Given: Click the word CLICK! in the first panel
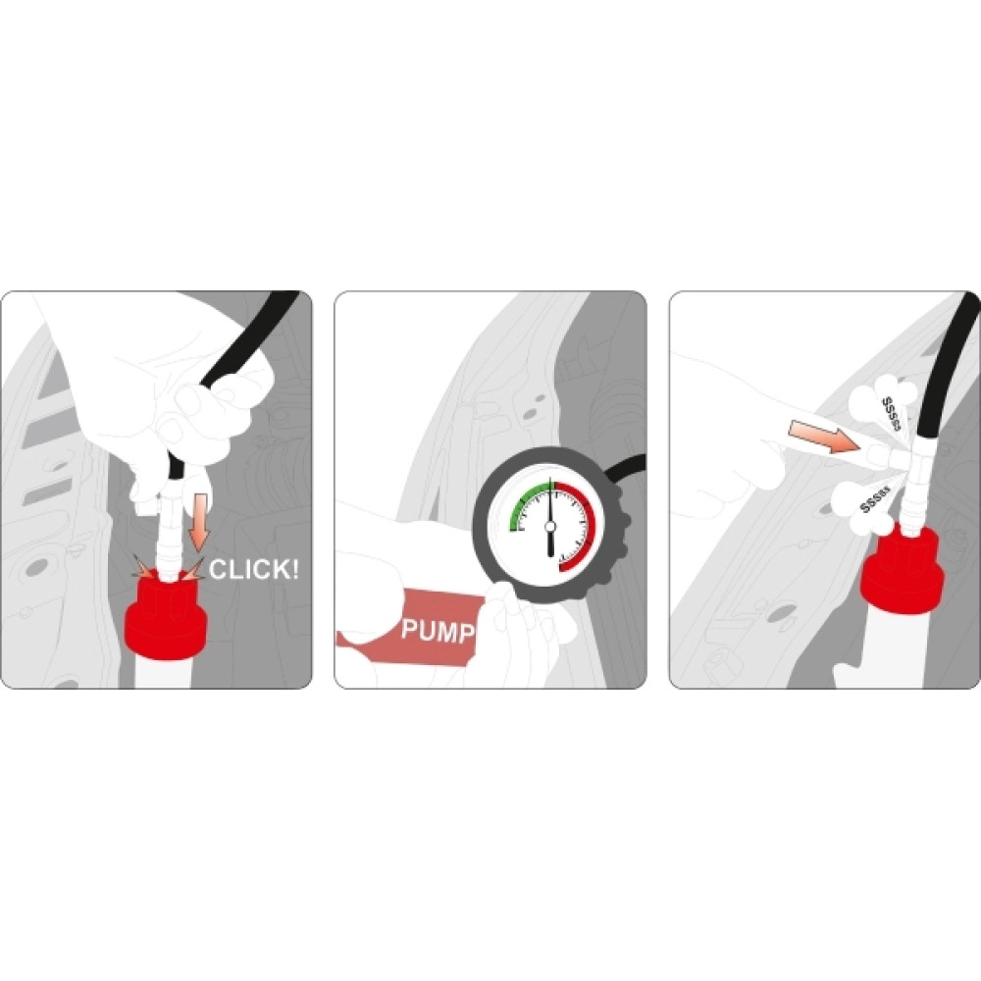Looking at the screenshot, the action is [253, 569].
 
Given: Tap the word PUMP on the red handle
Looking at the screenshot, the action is [438, 630].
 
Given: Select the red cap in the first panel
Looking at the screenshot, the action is [166, 616].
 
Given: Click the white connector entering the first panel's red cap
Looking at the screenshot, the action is [169, 538].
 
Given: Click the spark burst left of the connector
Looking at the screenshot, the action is [144, 567].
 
